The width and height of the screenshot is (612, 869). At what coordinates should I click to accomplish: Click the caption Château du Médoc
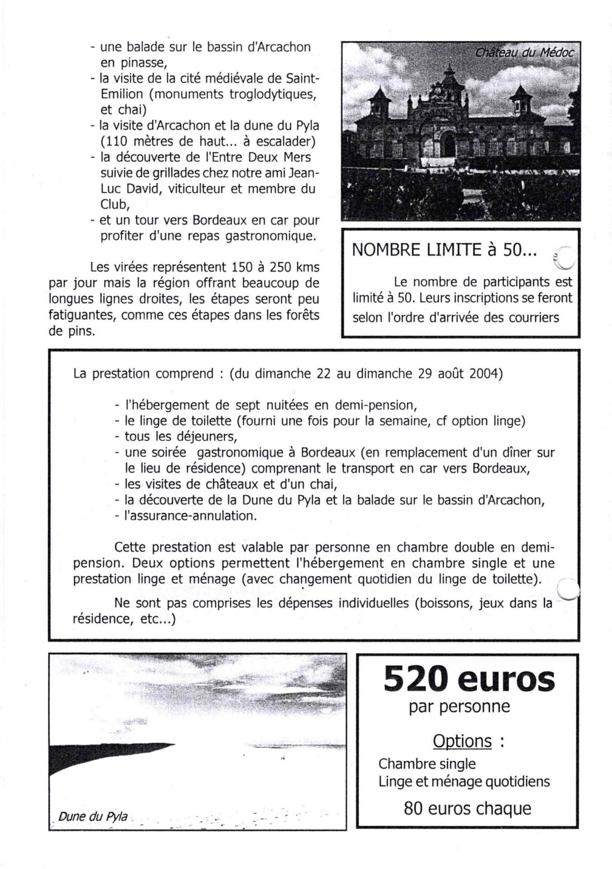524,53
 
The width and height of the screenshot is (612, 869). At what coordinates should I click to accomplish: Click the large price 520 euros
469,679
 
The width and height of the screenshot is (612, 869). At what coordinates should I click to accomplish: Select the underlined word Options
462,741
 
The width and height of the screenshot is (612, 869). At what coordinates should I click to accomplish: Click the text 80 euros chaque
467,808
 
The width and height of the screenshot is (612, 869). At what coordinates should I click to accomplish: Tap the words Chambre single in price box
427,764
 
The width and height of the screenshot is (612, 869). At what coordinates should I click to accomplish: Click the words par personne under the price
459,707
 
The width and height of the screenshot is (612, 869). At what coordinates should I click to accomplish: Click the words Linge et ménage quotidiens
464,782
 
